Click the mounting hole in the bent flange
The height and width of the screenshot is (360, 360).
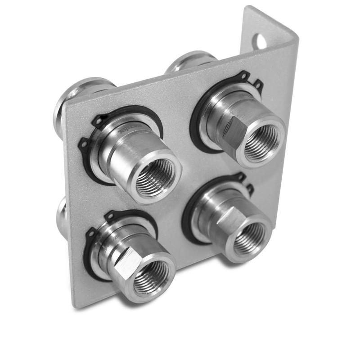click(260, 41)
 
